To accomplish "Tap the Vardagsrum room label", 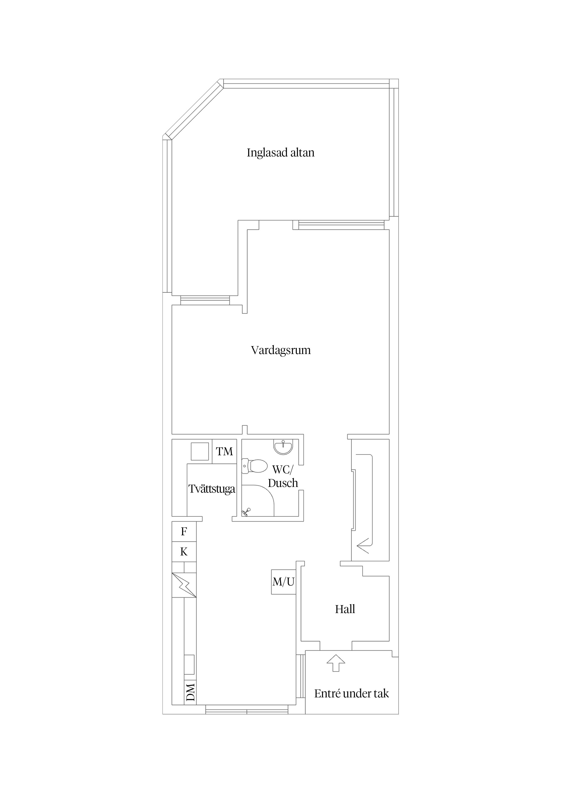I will (x=281, y=350).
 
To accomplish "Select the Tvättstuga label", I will (x=212, y=489).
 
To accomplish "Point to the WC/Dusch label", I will (x=283, y=476).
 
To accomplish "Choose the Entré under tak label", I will (x=352, y=694).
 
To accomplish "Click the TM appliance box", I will (x=224, y=451).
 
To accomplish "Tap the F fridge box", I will (x=184, y=531).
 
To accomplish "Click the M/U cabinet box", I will (x=283, y=582).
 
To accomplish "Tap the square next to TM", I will (x=200, y=451).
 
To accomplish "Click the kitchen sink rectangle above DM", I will (x=189, y=665).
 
